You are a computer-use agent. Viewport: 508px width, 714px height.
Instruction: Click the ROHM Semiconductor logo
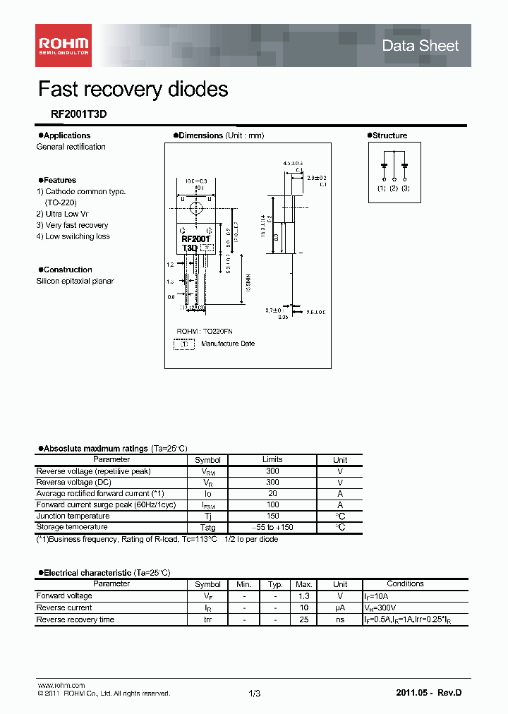click(x=63, y=46)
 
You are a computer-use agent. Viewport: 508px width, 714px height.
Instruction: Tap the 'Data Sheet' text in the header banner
click(x=420, y=46)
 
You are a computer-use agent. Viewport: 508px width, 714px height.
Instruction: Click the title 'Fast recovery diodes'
click(x=133, y=89)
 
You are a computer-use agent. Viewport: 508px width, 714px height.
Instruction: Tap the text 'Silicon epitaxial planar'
click(x=75, y=281)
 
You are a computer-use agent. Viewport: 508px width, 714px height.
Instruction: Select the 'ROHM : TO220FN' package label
click(x=204, y=331)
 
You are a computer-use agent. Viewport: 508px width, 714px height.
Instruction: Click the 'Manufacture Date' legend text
click(x=228, y=344)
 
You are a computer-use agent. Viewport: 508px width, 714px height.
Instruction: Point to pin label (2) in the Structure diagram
click(x=394, y=188)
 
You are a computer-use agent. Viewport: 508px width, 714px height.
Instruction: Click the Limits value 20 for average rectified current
click(x=272, y=493)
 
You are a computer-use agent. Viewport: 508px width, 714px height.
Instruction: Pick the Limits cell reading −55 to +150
click(x=272, y=527)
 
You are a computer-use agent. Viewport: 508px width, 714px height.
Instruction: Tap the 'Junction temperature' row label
click(x=73, y=516)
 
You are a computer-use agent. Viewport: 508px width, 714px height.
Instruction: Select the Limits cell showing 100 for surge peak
click(x=272, y=504)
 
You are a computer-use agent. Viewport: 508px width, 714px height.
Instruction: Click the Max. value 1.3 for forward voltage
click(x=303, y=596)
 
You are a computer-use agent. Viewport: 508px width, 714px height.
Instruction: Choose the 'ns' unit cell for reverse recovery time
click(x=340, y=619)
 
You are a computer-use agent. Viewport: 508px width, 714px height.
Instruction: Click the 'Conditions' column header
click(x=405, y=584)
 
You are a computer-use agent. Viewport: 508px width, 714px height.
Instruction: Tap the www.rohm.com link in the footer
click(x=61, y=686)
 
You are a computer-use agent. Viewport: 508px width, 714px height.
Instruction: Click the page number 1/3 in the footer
click(x=255, y=694)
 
